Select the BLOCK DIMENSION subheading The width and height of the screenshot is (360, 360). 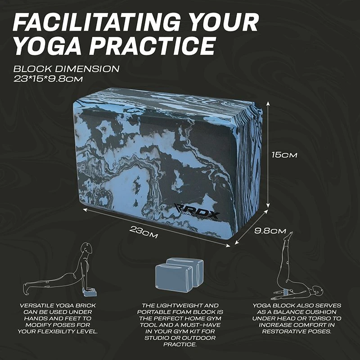pos(66,69)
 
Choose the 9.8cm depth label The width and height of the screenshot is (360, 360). pos(270,231)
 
